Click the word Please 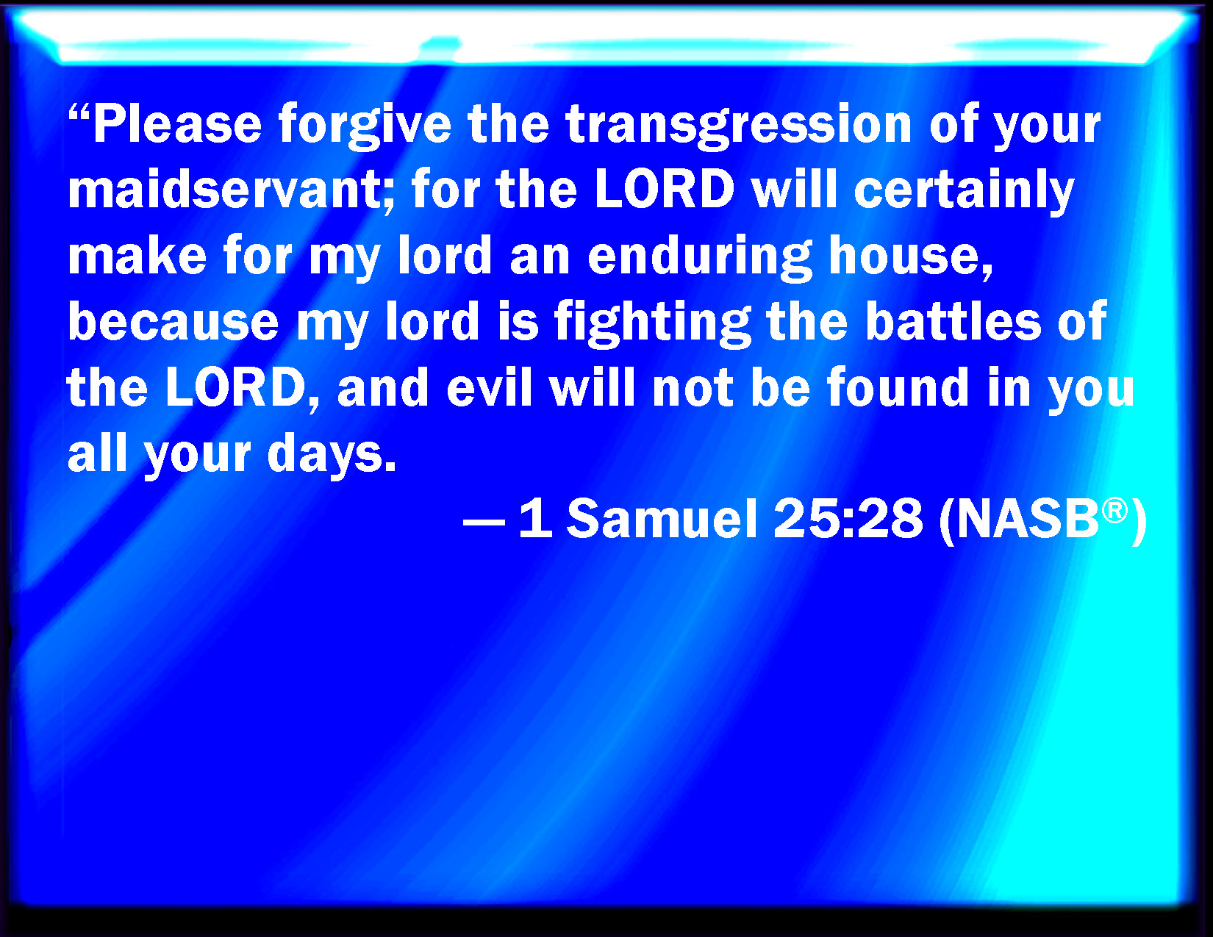[x=177, y=123]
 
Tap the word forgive [x=365, y=127]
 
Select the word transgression [x=739, y=127]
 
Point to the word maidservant [x=231, y=189]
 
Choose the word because [x=173, y=321]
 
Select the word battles [x=953, y=320]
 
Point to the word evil [x=489, y=387]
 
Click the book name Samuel [x=662, y=519]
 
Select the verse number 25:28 [x=848, y=519]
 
